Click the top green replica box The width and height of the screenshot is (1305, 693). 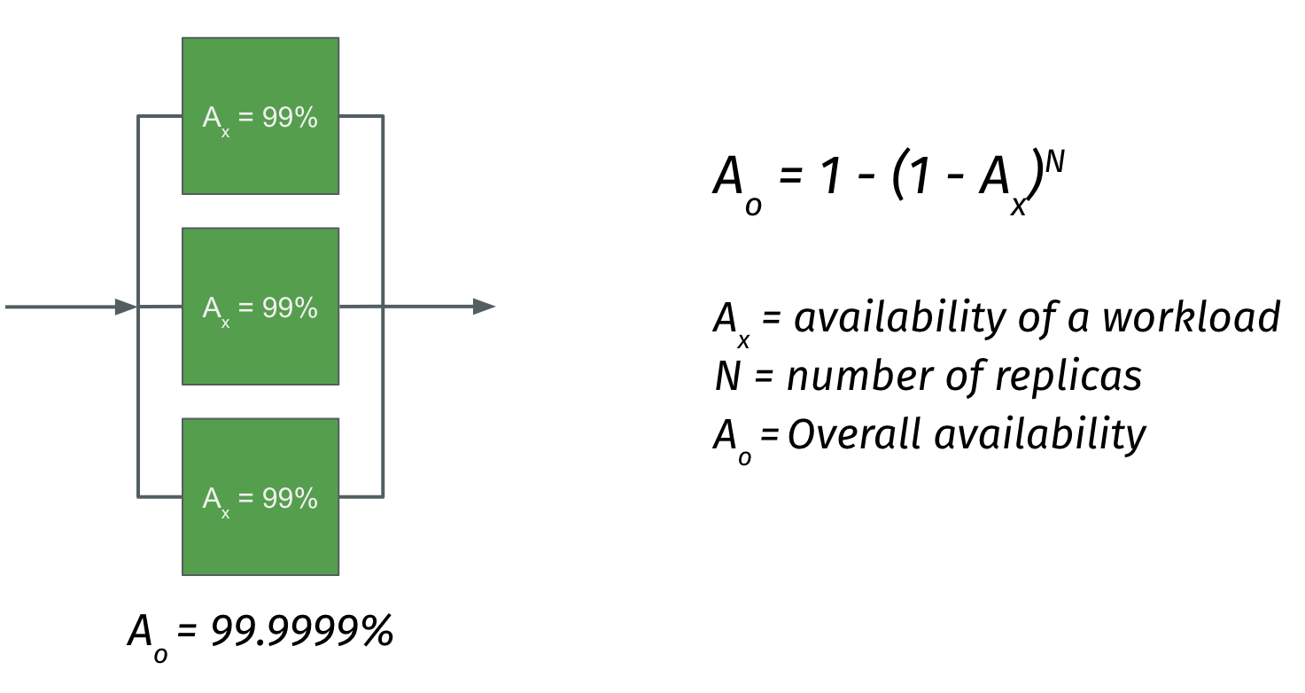(260, 116)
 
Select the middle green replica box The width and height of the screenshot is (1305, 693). (260, 307)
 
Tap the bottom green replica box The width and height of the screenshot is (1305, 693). (260, 496)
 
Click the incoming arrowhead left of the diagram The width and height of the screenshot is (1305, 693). (126, 307)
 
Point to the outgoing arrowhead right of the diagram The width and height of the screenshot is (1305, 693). (484, 307)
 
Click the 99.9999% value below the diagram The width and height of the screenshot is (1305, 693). (302, 631)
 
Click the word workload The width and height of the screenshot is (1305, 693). (1192, 316)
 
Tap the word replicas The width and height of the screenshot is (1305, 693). (1068, 376)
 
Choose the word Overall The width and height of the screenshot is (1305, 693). (854, 434)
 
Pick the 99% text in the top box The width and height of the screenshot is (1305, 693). (290, 117)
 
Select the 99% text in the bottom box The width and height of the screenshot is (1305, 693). (290, 498)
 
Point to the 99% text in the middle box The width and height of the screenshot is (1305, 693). (290, 308)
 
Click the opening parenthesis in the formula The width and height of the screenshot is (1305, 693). (898, 175)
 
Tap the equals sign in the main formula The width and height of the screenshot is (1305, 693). (790, 175)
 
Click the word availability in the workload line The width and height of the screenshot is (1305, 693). (899, 317)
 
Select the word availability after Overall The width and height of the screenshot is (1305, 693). (1040, 435)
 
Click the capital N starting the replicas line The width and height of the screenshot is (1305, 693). (727, 376)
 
